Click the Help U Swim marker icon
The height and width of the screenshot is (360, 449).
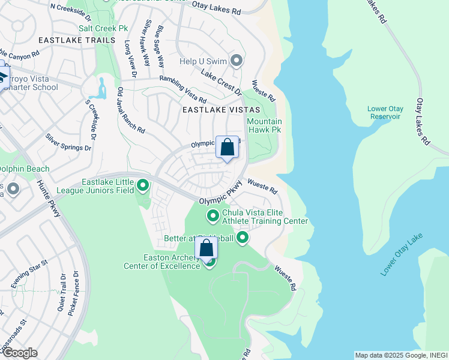[237, 61]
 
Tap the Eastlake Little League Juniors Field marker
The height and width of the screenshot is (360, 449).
[143, 185]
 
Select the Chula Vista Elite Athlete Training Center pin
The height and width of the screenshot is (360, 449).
[212, 215]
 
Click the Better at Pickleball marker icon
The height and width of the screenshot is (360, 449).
[243, 238]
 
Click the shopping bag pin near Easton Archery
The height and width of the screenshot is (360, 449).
[206, 248]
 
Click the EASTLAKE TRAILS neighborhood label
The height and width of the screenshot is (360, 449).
[76, 40]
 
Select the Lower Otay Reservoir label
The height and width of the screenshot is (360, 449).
[385, 112]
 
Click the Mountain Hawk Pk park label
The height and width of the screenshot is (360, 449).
[264, 125]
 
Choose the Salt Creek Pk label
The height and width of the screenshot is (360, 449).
[103, 28]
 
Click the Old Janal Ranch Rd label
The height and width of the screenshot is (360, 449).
[131, 110]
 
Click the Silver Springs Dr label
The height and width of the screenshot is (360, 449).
[69, 142]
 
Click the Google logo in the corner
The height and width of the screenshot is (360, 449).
[20, 353]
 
